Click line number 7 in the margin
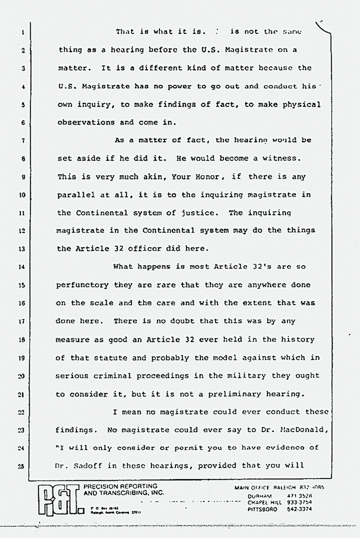(x=23, y=141)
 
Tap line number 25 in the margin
(x=23, y=466)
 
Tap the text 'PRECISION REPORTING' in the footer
(x=121, y=487)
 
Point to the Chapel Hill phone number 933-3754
(x=299, y=502)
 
